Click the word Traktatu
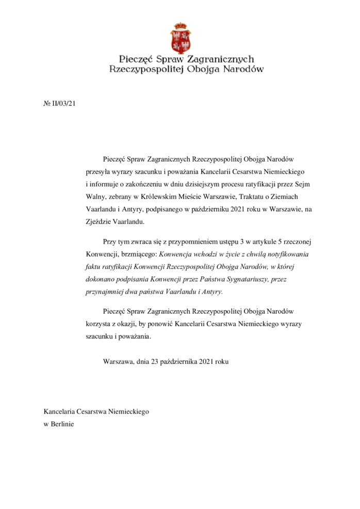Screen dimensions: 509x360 point(239,196)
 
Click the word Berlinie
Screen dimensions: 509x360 point(62,424)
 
